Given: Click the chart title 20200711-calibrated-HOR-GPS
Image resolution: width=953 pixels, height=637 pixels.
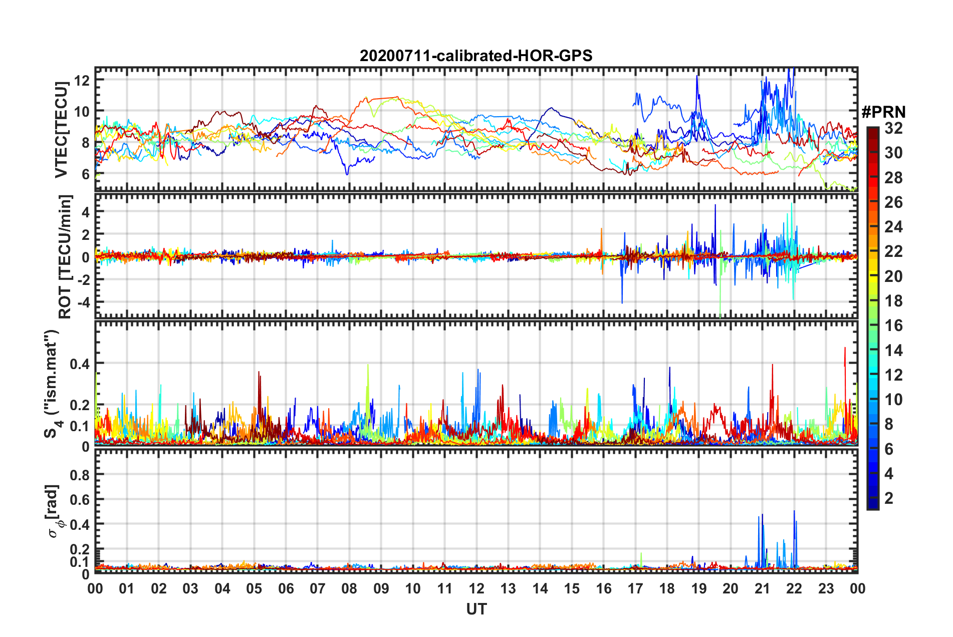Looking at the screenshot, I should (476, 56).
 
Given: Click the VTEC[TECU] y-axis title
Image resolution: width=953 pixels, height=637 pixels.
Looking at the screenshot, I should (61, 130).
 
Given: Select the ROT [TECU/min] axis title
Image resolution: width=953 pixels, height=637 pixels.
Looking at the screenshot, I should (65, 256).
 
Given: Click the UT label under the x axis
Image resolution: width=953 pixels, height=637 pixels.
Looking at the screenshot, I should (476, 609).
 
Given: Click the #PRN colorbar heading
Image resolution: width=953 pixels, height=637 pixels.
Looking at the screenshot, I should (883, 112).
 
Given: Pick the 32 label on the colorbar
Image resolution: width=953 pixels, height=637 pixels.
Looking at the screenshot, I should (893, 128).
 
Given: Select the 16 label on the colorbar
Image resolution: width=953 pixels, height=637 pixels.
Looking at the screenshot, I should (893, 326).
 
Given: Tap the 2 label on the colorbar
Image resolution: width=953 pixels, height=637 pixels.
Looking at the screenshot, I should (889, 498).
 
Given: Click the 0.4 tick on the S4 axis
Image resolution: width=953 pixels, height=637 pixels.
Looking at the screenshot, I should (80, 364).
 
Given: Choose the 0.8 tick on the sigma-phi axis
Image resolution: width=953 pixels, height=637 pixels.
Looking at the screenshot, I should (80, 475).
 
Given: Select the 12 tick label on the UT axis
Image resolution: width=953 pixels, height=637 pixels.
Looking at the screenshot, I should (476, 588).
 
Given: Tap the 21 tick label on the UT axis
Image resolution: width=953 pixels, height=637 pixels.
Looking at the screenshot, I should (762, 588).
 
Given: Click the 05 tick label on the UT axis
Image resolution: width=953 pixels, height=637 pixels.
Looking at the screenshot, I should (254, 588).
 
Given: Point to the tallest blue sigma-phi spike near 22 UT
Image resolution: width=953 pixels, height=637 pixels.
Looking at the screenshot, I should (794, 511).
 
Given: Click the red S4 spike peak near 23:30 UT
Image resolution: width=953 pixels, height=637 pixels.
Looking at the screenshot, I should (845, 348).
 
